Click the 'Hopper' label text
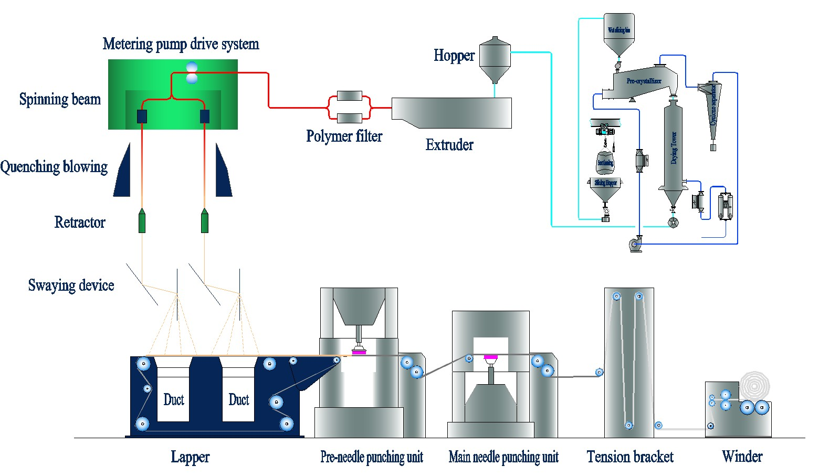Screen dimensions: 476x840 454,56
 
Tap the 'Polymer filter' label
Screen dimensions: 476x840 344,136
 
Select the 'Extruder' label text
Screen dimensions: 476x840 449,145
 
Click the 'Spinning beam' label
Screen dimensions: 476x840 60,99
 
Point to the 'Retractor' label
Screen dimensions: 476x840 80,223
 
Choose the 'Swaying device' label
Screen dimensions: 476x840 71,285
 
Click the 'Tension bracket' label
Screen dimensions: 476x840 630,457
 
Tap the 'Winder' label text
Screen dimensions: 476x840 742,457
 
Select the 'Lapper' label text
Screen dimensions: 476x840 190,457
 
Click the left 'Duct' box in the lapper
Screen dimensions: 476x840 173,399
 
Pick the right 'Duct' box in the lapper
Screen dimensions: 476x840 238,399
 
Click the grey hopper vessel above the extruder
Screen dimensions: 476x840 495,59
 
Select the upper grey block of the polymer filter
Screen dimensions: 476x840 349,96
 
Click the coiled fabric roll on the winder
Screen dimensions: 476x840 754,386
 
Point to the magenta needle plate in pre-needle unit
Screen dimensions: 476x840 359,352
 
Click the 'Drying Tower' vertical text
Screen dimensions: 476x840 674,148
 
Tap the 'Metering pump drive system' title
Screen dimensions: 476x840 181,44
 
